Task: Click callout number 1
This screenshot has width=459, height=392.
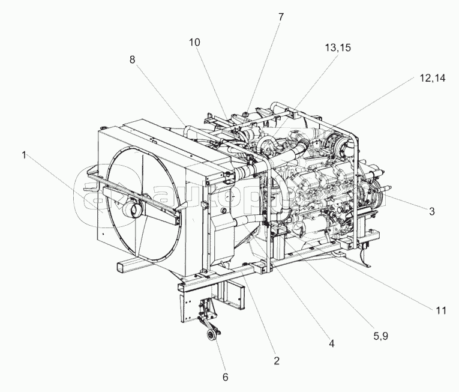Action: coord(24,155)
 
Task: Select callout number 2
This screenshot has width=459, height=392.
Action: coord(277,361)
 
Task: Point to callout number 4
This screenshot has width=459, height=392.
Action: coord(331,343)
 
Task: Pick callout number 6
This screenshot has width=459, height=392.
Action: coord(225,377)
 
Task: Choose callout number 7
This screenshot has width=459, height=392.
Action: coord(280,17)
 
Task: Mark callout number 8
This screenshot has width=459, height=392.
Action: coord(131,59)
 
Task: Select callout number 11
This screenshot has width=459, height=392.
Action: coord(441,310)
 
